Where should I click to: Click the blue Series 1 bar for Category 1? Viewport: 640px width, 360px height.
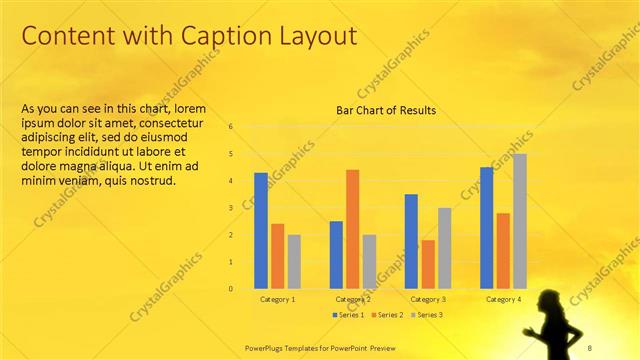click(x=261, y=231)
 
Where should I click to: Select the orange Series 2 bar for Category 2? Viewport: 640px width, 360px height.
click(x=353, y=229)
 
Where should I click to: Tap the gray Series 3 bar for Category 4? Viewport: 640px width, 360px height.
click(x=519, y=221)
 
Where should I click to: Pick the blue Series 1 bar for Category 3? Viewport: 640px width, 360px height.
click(x=411, y=241)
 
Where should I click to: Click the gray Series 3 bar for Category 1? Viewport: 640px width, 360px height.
click(x=294, y=262)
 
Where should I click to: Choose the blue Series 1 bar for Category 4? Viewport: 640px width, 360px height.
click(x=486, y=228)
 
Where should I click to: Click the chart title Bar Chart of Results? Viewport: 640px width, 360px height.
click(x=386, y=110)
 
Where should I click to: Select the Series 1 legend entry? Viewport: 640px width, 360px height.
click(x=347, y=315)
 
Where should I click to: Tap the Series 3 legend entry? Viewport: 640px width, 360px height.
click(x=424, y=315)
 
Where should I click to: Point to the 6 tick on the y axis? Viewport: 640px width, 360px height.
click(x=231, y=127)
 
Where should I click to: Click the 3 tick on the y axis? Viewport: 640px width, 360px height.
click(x=231, y=208)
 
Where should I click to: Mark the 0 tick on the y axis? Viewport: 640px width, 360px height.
click(x=231, y=289)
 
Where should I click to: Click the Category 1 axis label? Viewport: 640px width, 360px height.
click(x=277, y=300)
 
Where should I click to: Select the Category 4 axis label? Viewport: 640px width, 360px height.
click(x=503, y=300)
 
